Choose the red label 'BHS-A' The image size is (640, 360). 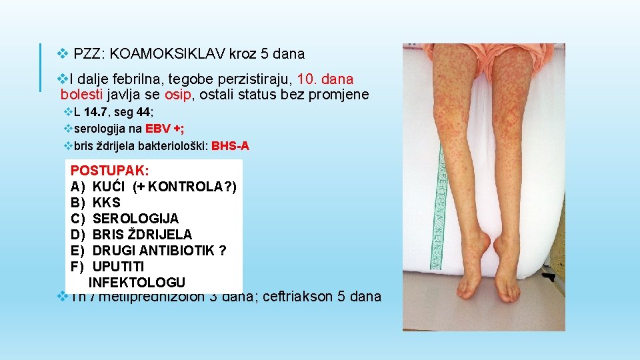click(x=230, y=146)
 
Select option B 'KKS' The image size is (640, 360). click(x=106, y=203)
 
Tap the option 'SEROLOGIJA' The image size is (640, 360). click(x=135, y=219)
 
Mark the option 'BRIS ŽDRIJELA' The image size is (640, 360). click(x=142, y=235)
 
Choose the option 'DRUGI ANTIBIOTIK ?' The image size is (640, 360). click(x=159, y=251)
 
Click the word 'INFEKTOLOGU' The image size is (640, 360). click(x=137, y=283)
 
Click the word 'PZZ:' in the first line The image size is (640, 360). click(x=86, y=53)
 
